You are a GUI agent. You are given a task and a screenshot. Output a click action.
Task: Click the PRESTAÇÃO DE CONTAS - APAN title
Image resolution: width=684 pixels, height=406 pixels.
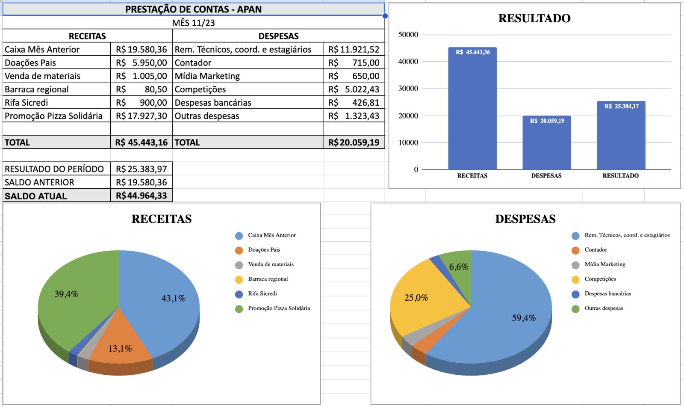(193, 9)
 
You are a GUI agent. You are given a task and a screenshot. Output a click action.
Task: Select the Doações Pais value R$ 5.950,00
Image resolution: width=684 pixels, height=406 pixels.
(142, 63)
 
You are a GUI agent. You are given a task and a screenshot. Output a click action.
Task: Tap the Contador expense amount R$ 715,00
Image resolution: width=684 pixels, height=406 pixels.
(354, 63)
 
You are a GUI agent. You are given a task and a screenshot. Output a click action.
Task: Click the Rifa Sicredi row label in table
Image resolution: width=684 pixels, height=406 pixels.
(27, 103)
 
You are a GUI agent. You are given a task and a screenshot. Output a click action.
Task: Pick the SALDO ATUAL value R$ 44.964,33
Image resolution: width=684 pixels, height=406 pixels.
(142, 196)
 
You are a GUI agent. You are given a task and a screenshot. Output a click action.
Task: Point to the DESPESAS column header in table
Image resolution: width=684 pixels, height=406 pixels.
(278, 36)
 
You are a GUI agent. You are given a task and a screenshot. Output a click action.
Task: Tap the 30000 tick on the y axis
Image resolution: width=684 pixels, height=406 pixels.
(408, 89)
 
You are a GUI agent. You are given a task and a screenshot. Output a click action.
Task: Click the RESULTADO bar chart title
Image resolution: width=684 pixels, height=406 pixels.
(534, 18)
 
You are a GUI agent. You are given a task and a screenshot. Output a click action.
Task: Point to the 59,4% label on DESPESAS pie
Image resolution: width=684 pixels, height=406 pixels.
(524, 318)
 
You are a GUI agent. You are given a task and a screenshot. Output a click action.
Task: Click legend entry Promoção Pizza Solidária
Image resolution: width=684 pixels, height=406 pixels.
(279, 308)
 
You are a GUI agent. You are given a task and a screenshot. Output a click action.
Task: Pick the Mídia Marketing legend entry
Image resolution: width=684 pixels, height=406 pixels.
(604, 264)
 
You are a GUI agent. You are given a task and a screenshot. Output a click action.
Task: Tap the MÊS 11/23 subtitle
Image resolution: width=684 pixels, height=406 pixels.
(193, 23)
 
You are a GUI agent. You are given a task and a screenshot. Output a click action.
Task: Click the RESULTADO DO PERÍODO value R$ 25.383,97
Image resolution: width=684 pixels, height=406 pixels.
(142, 169)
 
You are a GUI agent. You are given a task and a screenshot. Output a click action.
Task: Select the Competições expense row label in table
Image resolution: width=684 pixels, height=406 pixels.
(200, 89)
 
